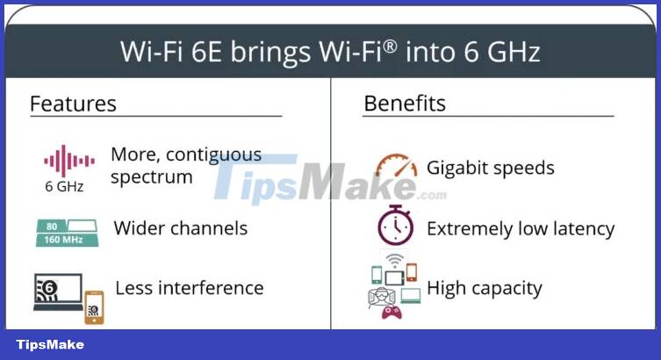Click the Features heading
[73, 104]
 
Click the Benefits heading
[405, 104]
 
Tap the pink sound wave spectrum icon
[69, 161]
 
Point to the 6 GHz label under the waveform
[64, 186]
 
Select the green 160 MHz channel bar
[68, 240]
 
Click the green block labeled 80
[52, 226]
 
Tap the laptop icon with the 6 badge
[58, 292]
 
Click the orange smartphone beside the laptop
[94, 307]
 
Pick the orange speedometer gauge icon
[396, 165]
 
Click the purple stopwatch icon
[395, 225]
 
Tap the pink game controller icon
[392, 313]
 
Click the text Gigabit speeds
[491, 169]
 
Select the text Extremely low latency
[521, 229]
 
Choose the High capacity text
[485, 289]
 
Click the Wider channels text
[181, 228]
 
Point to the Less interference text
[190, 288]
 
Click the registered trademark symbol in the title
[391, 47]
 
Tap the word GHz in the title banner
[514, 52]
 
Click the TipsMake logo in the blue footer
[50, 345]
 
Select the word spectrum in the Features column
[152, 177]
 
